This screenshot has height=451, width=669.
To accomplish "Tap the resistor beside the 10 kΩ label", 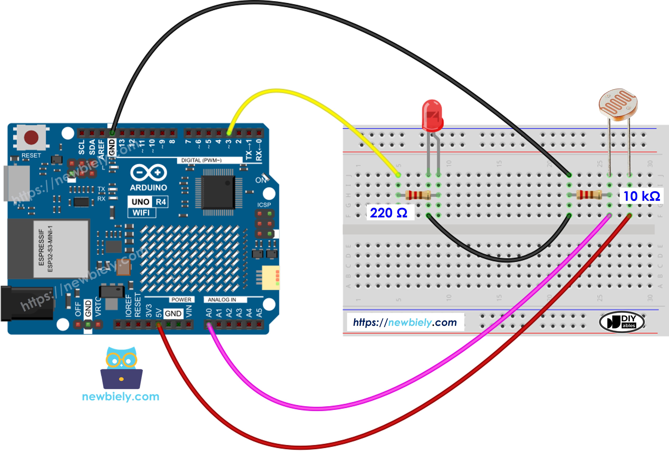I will click(x=589, y=195).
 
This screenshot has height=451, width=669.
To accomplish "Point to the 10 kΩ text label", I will click(x=641, y=196).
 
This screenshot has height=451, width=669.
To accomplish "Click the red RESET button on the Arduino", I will click(x=31, y=137).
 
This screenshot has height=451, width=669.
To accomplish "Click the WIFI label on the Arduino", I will click(x=141, y=213).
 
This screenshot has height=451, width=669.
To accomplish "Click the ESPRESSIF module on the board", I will click(x=60, y=249).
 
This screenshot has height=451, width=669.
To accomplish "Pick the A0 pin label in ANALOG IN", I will click(x=209, y=313).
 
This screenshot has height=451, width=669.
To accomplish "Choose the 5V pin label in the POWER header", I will click(x=158, y=313).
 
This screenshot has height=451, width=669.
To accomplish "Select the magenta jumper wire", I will click(x=316, y=408).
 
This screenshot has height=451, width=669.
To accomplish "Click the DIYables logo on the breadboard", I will click(x=622, y=322).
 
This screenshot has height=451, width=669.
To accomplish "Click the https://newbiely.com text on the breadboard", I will click(x=405, y=322).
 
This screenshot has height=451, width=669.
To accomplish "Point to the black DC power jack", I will click(x=27, y=303).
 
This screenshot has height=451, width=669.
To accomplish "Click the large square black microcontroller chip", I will click(x=218, y=192).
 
